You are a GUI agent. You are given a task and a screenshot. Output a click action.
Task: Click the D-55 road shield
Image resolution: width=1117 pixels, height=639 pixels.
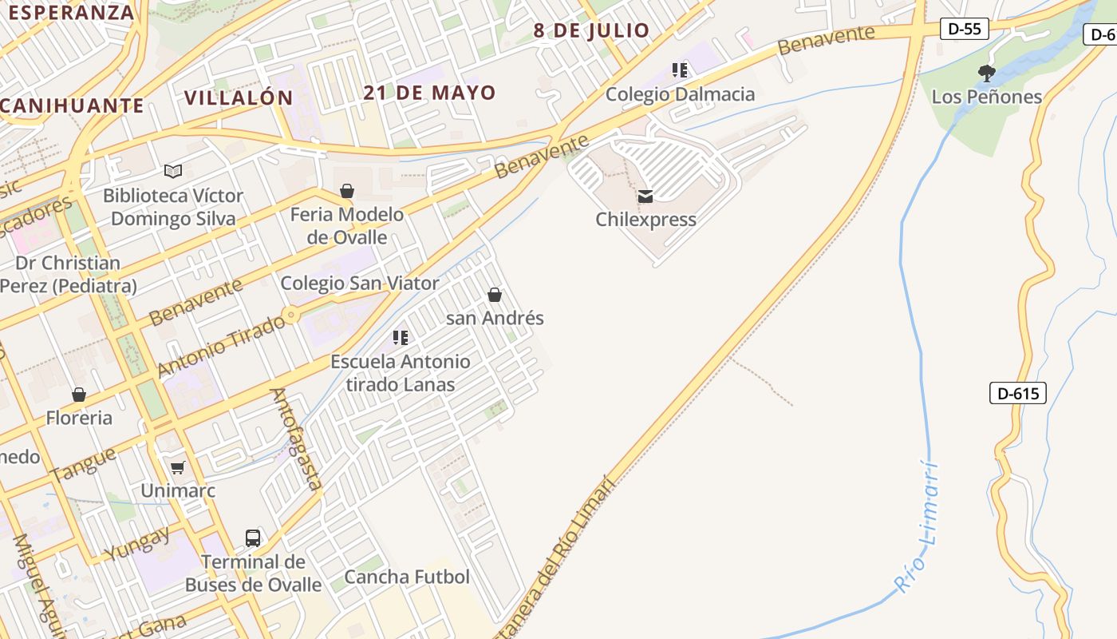(x=964, y=30)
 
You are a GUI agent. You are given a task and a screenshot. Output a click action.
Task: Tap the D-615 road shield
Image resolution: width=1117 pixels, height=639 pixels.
(x=1017, y=393)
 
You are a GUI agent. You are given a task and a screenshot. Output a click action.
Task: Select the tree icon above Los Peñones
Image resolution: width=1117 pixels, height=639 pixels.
(x=987, y=73)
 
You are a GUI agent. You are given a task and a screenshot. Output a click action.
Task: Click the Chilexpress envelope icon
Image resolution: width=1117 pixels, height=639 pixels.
(x=645, y=196)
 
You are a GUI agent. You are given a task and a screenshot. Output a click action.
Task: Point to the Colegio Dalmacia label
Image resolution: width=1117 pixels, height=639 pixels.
(x=680, y=94)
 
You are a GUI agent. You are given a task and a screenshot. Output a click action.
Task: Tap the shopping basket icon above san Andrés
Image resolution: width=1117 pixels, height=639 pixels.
(x=495, y=295)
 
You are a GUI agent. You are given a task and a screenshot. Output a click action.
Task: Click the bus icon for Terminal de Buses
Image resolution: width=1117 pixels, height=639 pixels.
(x=253, y=538)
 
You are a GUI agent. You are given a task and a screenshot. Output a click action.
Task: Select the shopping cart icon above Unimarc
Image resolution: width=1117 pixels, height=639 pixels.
(x=177, y=467)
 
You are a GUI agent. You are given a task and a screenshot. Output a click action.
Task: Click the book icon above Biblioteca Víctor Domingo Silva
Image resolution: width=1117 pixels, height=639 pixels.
(x=173, y=171)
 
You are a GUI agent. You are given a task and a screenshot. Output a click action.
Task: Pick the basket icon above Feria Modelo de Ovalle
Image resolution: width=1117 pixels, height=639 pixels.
(x=347, y=191)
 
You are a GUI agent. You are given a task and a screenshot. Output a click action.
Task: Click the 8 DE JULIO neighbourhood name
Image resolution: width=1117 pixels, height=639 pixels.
(x=591, y=31)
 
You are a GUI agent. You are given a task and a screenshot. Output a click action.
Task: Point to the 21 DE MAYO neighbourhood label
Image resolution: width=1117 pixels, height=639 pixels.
(x=429, y=93)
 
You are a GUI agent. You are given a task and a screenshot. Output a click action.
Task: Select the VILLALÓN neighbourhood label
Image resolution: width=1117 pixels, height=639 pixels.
(x=239, y=98)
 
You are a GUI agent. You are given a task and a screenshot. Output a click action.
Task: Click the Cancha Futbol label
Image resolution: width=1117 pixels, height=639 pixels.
(x=407, y=577)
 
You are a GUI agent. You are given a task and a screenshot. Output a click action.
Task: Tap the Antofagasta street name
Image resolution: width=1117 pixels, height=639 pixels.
(x=297, y=439)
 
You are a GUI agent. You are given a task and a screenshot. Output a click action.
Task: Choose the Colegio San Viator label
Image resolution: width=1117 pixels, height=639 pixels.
(x=360, y=284)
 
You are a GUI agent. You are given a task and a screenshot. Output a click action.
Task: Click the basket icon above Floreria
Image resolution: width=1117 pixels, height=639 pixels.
(x=79, y=395)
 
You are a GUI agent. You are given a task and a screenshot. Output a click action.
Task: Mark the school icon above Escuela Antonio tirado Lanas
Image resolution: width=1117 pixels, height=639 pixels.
(x=401, y=338)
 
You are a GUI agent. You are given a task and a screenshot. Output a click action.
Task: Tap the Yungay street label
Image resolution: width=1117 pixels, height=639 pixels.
(x=137, y=543)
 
